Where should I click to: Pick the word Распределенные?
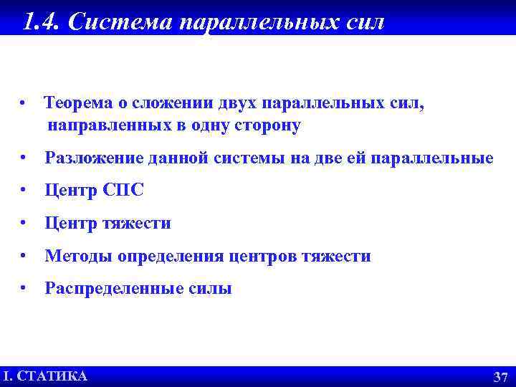pyautogui.click(x=105, y=289)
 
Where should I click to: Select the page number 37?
pyautogui.click(x=500, y=377)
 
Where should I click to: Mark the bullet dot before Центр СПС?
pyautogui.click(x=24, y=191)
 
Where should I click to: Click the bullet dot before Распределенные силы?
pyautogui.click(x=24, y=289)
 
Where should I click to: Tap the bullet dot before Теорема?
pyautogui.click(x=24, y=103)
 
